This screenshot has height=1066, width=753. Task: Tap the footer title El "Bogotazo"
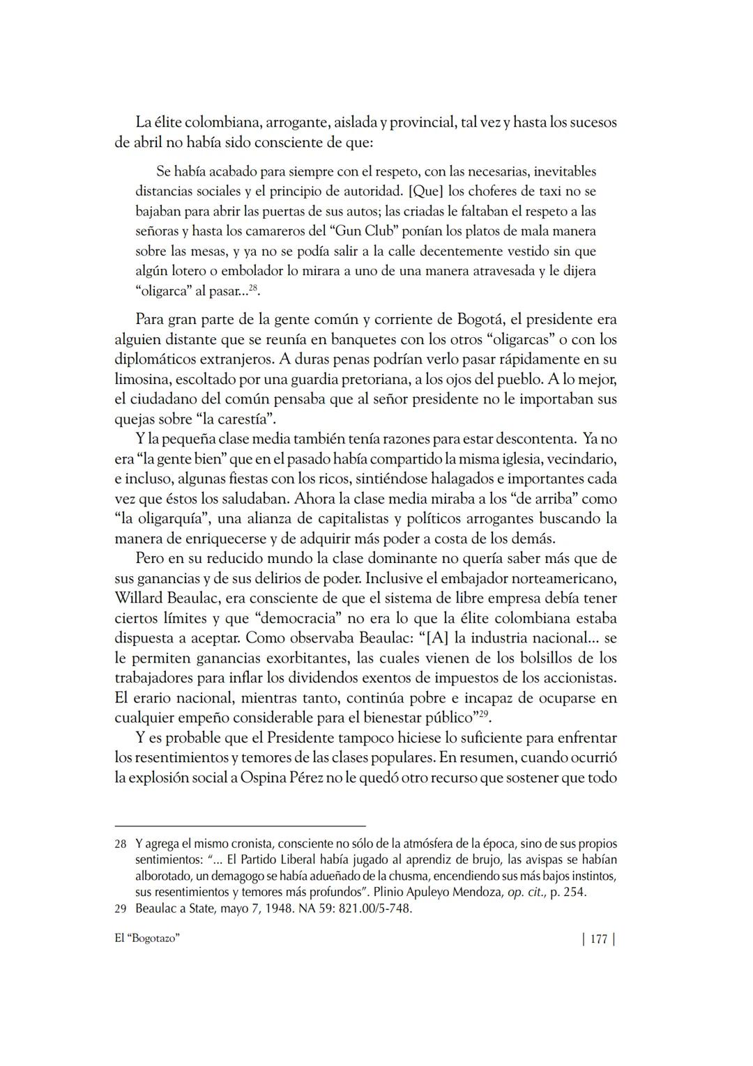(x=147, y=938)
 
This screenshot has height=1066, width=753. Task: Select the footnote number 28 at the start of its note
(x=121, y=844)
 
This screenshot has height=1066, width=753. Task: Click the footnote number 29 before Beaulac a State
(x=121, y=909)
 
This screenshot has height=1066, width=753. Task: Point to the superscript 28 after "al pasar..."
(x=254, y=288)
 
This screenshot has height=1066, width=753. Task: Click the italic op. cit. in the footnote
(x=526, y=892)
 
